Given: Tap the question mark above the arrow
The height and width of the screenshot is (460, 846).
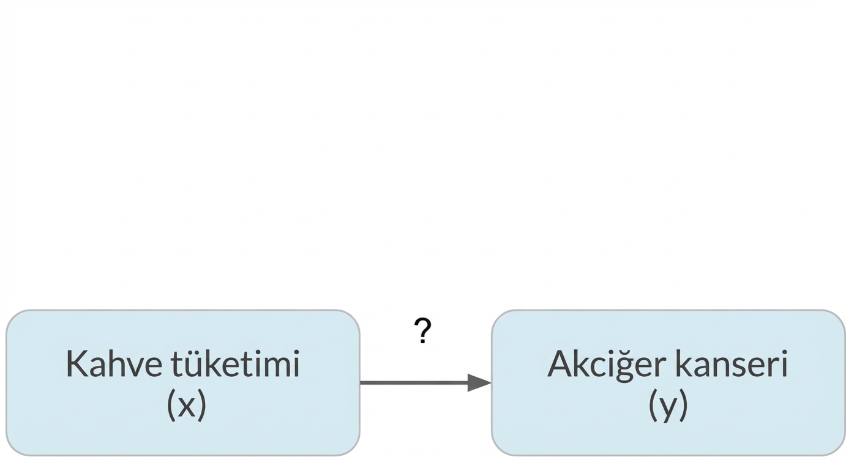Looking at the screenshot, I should click(x=422, y=332).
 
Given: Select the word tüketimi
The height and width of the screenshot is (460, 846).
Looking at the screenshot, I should click(x=235, y=364).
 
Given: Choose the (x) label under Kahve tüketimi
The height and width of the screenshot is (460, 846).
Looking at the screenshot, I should click(x=186, y=405).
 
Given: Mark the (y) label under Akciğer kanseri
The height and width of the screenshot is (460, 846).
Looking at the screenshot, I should click(x=668, y=405).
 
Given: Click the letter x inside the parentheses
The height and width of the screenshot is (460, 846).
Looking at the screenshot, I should click(x=186, y=406).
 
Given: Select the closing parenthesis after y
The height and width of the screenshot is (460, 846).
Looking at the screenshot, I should click(x=683, y=405).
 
